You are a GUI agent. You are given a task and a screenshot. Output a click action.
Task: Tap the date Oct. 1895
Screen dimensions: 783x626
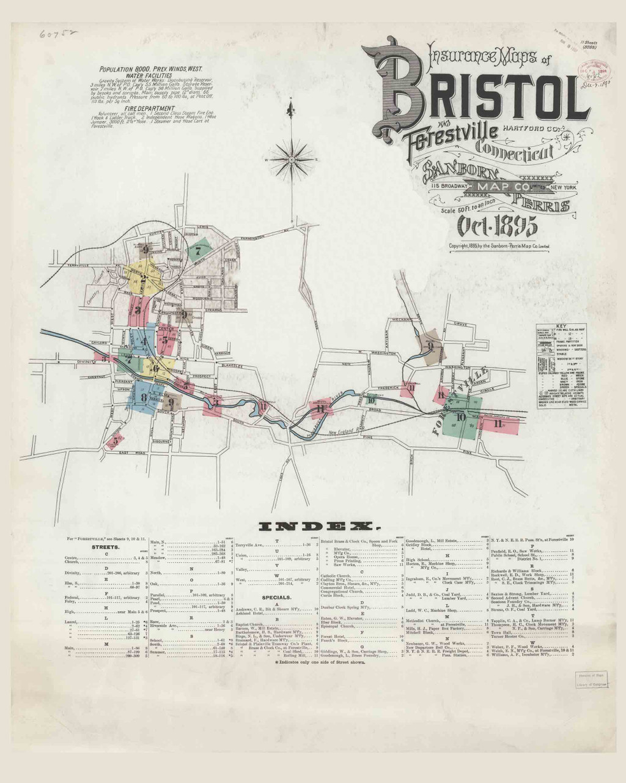(497, 226)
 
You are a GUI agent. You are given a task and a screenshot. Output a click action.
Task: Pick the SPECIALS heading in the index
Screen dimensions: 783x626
(276, 596)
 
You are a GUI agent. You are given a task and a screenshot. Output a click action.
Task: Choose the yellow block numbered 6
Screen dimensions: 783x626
(156, 368)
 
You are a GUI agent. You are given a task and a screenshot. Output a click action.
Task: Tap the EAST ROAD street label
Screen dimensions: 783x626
(131, 453)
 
